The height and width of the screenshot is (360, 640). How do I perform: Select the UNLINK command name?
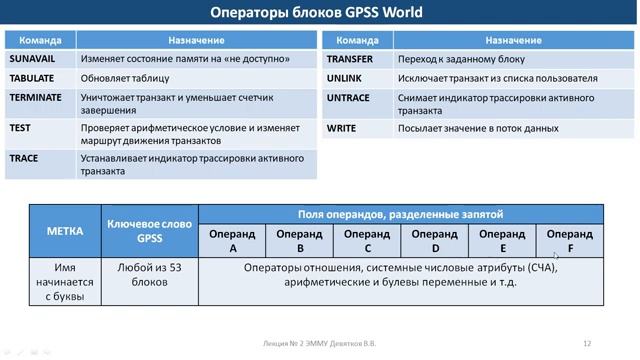pos(343,78)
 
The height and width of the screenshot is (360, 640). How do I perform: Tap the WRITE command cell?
pos(342,128)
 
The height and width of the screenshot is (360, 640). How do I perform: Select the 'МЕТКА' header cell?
pos(65,230)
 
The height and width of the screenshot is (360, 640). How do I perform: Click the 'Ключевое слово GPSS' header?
pos(149,230)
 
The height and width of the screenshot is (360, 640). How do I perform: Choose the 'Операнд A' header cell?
pos(232,240)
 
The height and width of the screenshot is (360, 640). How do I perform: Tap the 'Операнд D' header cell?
pos(435,240)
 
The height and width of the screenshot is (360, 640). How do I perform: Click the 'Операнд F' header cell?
pos(569,240)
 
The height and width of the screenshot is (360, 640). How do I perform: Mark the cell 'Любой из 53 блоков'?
pos(149,275)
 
